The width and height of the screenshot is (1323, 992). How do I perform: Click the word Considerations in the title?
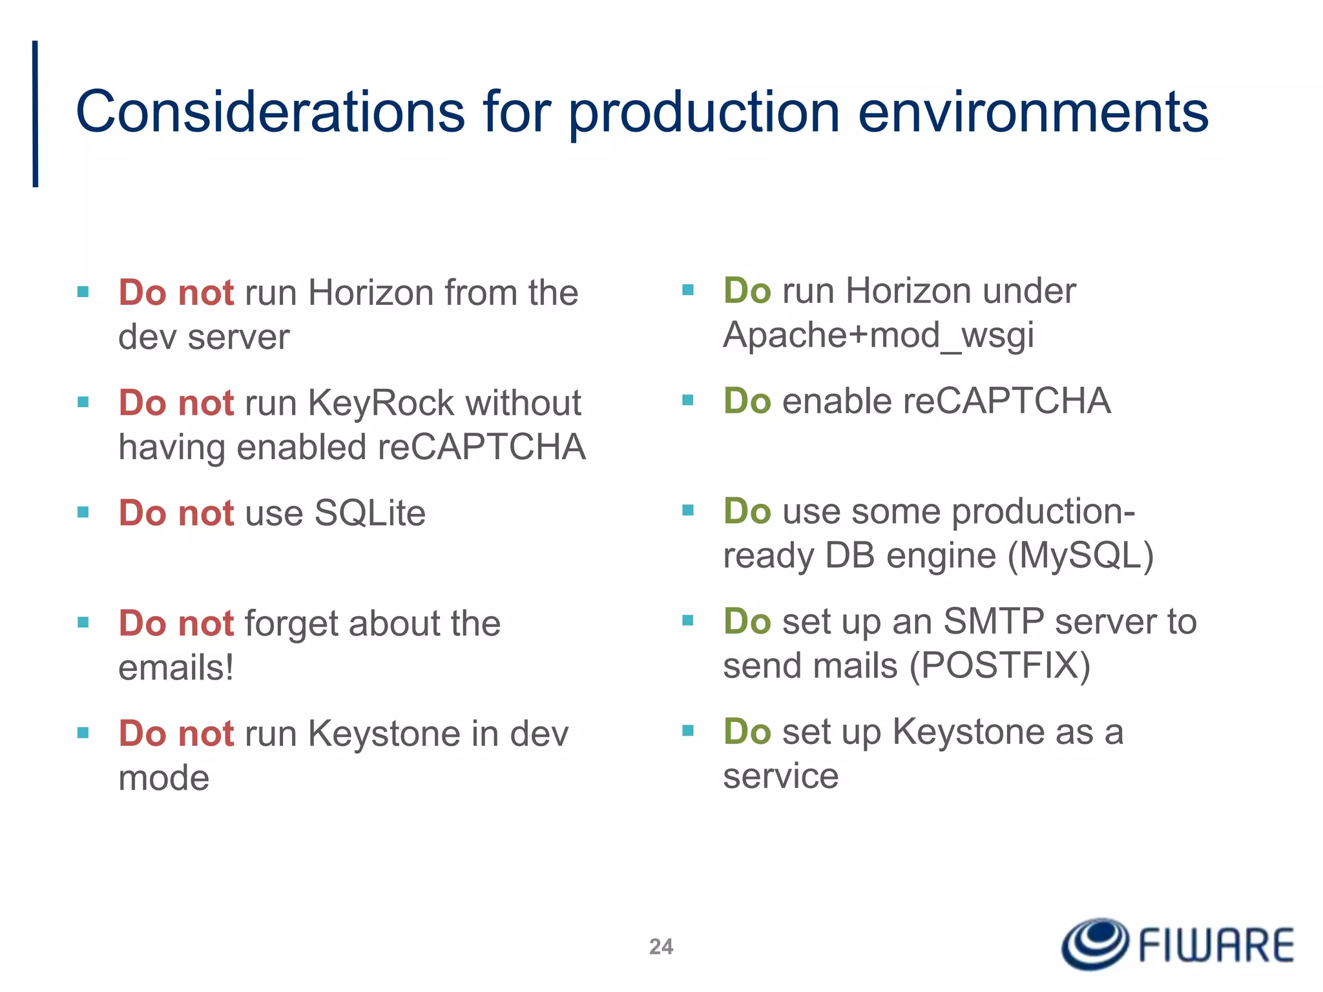(x=270, y=112)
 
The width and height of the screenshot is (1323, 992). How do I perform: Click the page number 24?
(x=661, y=946)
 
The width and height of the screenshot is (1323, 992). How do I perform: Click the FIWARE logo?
(x=1177, y=944)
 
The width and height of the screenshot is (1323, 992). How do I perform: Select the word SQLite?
(x=370, y=513)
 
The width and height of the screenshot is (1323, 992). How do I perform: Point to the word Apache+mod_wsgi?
(x=879, y=336)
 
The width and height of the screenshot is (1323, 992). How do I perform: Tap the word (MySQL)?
(x=1080, y=555)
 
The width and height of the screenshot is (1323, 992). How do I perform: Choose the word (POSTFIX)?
(x=1000, y=665)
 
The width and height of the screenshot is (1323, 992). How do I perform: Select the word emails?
(x=176, y=668)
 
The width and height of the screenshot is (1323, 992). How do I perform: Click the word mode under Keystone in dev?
(x=164, y=778)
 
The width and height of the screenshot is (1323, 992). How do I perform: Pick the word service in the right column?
(x=780, y=776)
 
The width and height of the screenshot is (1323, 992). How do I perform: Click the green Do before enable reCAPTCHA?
(x=747, y=401)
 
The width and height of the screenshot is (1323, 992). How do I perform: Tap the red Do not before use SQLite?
(x=176, y=513)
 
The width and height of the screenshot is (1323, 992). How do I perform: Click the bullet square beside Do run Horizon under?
(x=688, y=290)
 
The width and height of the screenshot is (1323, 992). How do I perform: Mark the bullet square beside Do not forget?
(x=83, y=623)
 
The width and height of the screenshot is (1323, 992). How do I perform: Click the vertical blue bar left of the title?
(x=36, y=114)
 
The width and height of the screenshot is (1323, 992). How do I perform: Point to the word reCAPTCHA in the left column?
(x=481, y=448)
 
